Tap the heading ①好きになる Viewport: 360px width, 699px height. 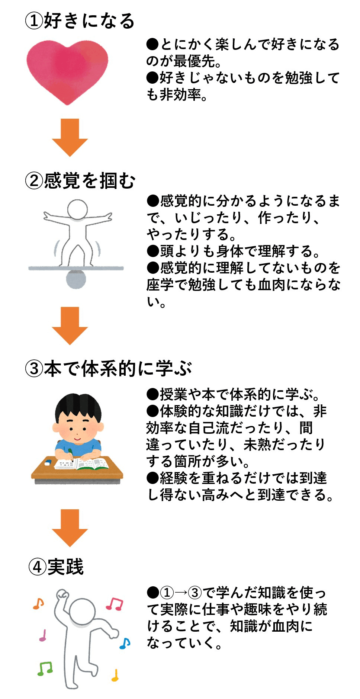(80, 20)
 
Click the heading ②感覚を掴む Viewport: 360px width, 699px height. (80, 181)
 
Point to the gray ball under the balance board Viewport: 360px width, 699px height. (76, 280)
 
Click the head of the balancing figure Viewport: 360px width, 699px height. (77, 209)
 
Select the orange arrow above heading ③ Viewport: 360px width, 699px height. (70, 325)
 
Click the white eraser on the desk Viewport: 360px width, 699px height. (48, 463)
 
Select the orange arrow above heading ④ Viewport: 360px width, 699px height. (70, 528)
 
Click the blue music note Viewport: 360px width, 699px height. (125, 643)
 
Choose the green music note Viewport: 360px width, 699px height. (45, 668)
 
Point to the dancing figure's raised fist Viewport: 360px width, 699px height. (62, 593)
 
